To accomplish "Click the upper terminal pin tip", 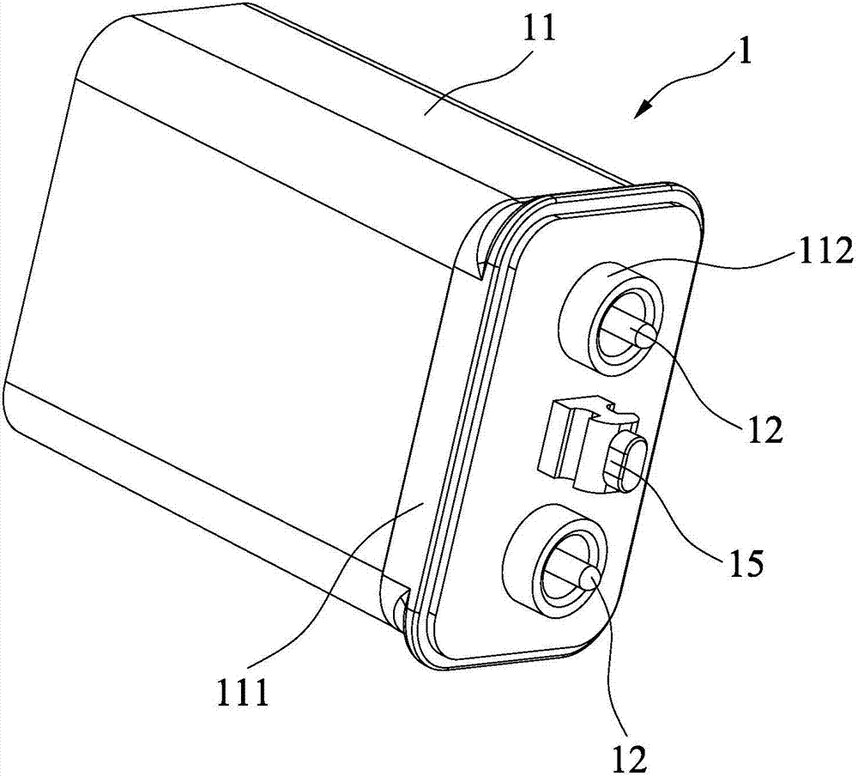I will coord(648,336).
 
